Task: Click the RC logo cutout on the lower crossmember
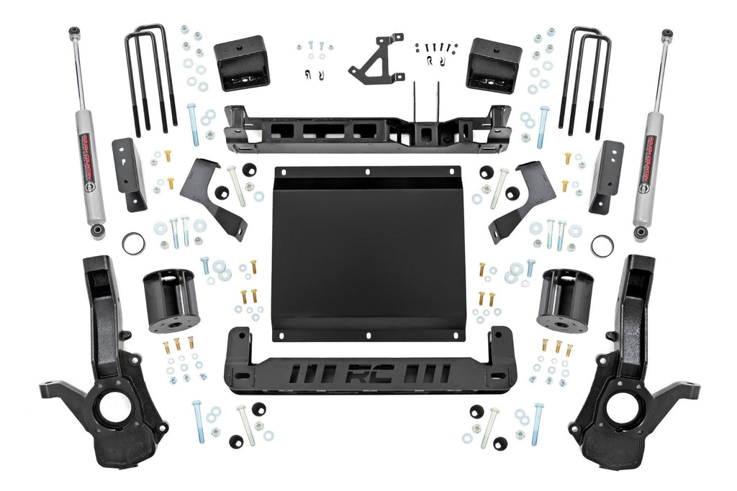click(369, 374)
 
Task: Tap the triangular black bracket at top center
click(375, 60)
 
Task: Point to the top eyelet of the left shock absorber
click(74, 33)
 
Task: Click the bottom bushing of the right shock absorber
click(639, 233)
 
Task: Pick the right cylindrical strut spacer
click(565, 300)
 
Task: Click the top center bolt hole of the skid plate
click(368, 173)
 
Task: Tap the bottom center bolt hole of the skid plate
click(368, 335)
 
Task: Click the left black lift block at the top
click(241, 63)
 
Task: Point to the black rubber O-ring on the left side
click(133, 244)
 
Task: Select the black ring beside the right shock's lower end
click(602, 245)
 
